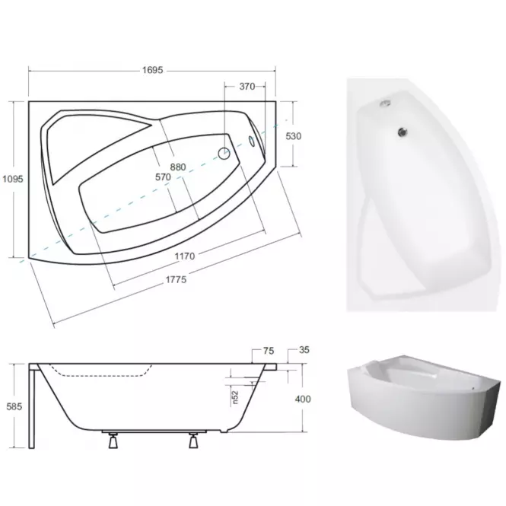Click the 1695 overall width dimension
(153, 70)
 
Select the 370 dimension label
(247, 87)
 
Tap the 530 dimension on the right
(294, 136)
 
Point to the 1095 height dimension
(13, 179)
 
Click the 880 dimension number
(178, 167)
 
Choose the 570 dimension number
(163, 177)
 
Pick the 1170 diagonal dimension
(185, 256)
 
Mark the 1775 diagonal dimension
(177, 279)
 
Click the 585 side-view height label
(14, 406)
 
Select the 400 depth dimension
(303, 399)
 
